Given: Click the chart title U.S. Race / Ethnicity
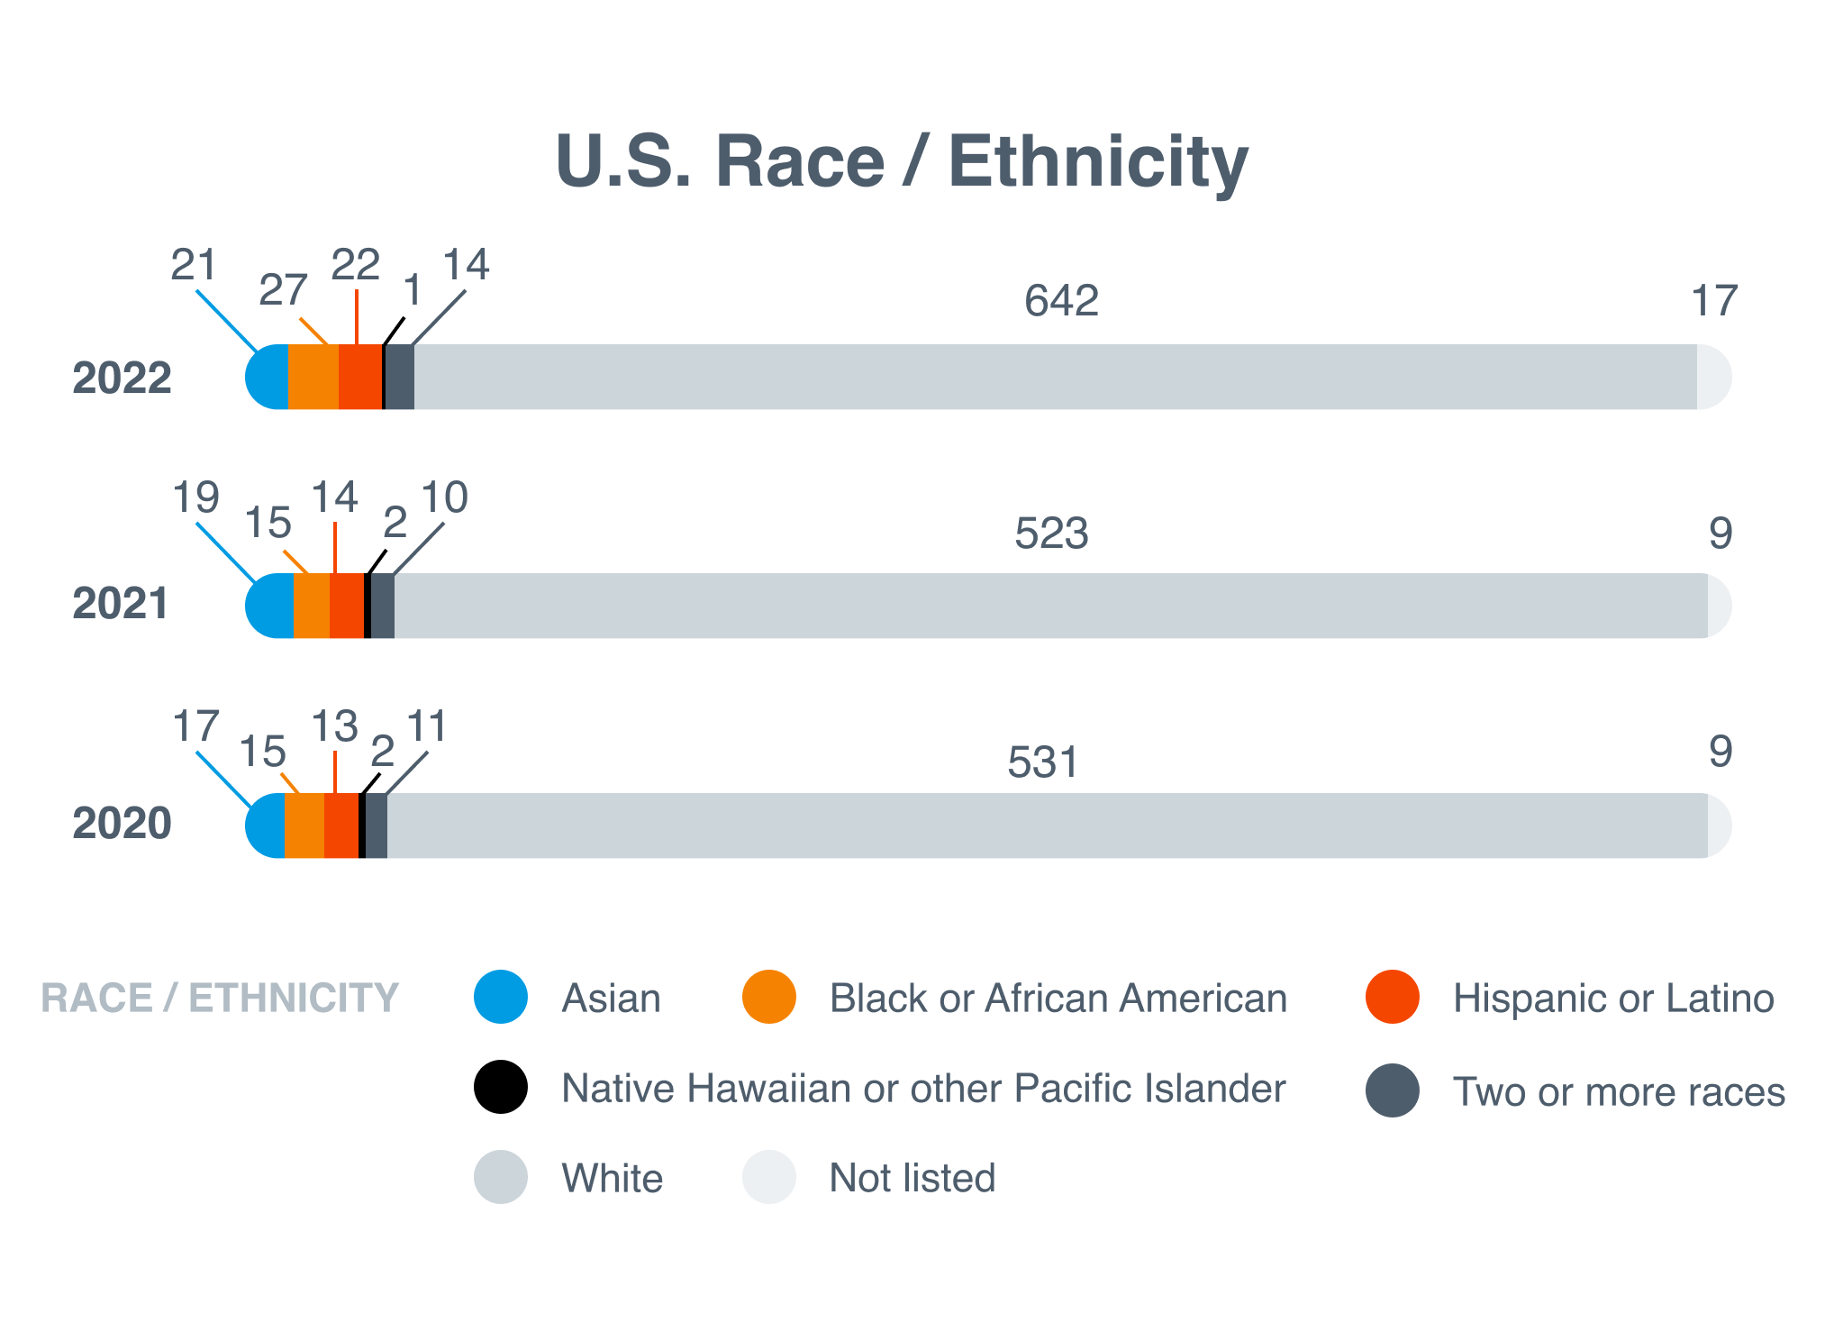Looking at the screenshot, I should [902, 162].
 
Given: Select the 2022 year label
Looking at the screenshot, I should [122, 378].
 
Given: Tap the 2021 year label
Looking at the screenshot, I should [121, 603].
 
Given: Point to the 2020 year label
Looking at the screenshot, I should [122, 823].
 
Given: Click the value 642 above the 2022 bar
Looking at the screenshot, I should [1061, 300].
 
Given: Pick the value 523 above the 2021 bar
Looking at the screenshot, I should [1051, 534].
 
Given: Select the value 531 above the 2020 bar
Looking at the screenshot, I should [1042, 762].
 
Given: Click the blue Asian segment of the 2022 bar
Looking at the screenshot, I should [269, 378].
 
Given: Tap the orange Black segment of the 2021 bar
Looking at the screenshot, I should [312, 607].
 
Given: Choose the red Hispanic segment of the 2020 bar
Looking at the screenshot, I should [341, 826].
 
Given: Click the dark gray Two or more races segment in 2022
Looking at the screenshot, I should [400, 378].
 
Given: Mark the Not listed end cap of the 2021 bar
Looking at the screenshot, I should [1718, 607].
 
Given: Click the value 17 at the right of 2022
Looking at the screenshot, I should [1713, 300].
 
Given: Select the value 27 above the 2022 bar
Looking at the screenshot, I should [283, 290].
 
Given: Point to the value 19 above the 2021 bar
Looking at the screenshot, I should [196, 497].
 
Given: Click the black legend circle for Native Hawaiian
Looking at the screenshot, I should [501, 1087].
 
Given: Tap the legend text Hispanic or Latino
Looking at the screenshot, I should [1612, 999].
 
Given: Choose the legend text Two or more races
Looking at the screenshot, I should [1618, 1092].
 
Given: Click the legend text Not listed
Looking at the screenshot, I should [912, 1178].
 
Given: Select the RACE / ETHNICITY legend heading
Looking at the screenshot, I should [220, 999].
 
